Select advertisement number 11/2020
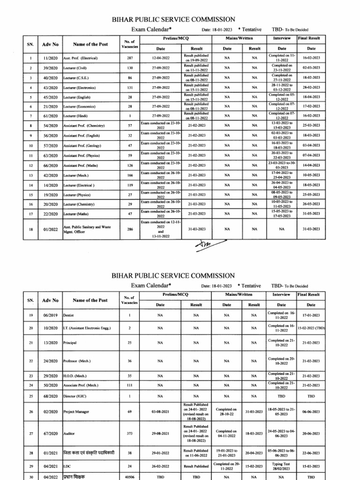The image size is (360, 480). [x=50, y=58]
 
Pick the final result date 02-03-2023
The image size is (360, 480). [x=311, y=68]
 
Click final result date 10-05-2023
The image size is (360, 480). [x=311, y=175]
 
